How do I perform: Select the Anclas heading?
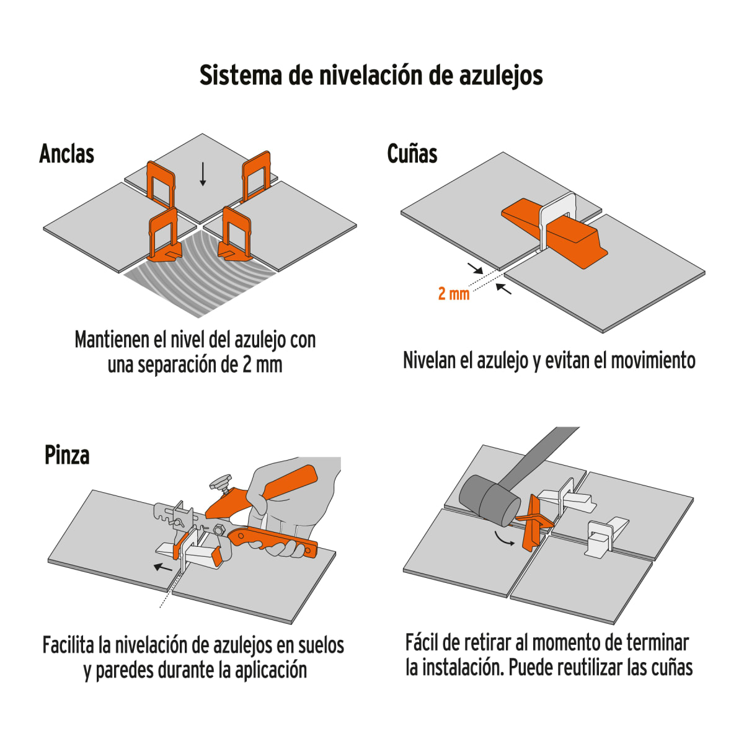pyautogui.click(x=66, y=154)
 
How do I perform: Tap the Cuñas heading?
pyautogui.click(x=412, y=154)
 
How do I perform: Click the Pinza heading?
pyautogui.click(x=67, y=455)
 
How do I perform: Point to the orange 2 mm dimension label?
pyautogui.click(x=453, y=293)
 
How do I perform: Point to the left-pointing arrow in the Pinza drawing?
pyautogui.click(x=163, y=567)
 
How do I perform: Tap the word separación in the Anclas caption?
pyautogui.click(x=177, y=365)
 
